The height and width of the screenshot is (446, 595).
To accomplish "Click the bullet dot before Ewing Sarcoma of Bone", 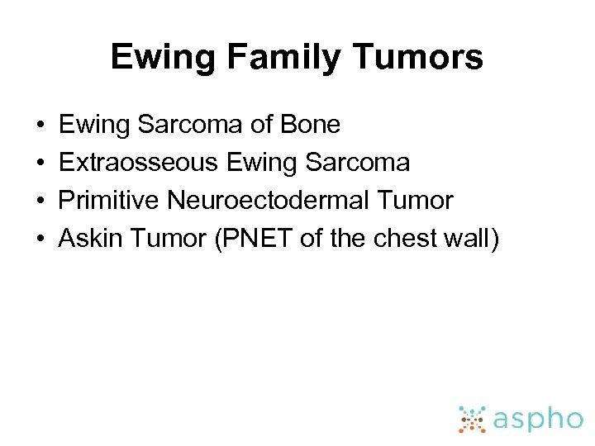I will (40, 126).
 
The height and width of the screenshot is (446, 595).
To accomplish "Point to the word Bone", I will (311, 125).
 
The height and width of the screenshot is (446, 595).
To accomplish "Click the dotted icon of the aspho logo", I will (472, 419).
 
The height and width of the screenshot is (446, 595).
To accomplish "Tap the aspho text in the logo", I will (538, 419).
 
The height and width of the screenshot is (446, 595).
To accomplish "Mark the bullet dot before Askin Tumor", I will (40, 240).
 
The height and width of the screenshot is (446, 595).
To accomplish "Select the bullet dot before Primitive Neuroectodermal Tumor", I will (40, 202).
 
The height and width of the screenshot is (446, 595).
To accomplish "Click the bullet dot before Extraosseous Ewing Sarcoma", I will (40, 164).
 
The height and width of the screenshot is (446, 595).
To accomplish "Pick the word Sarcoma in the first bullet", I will (191, 125).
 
